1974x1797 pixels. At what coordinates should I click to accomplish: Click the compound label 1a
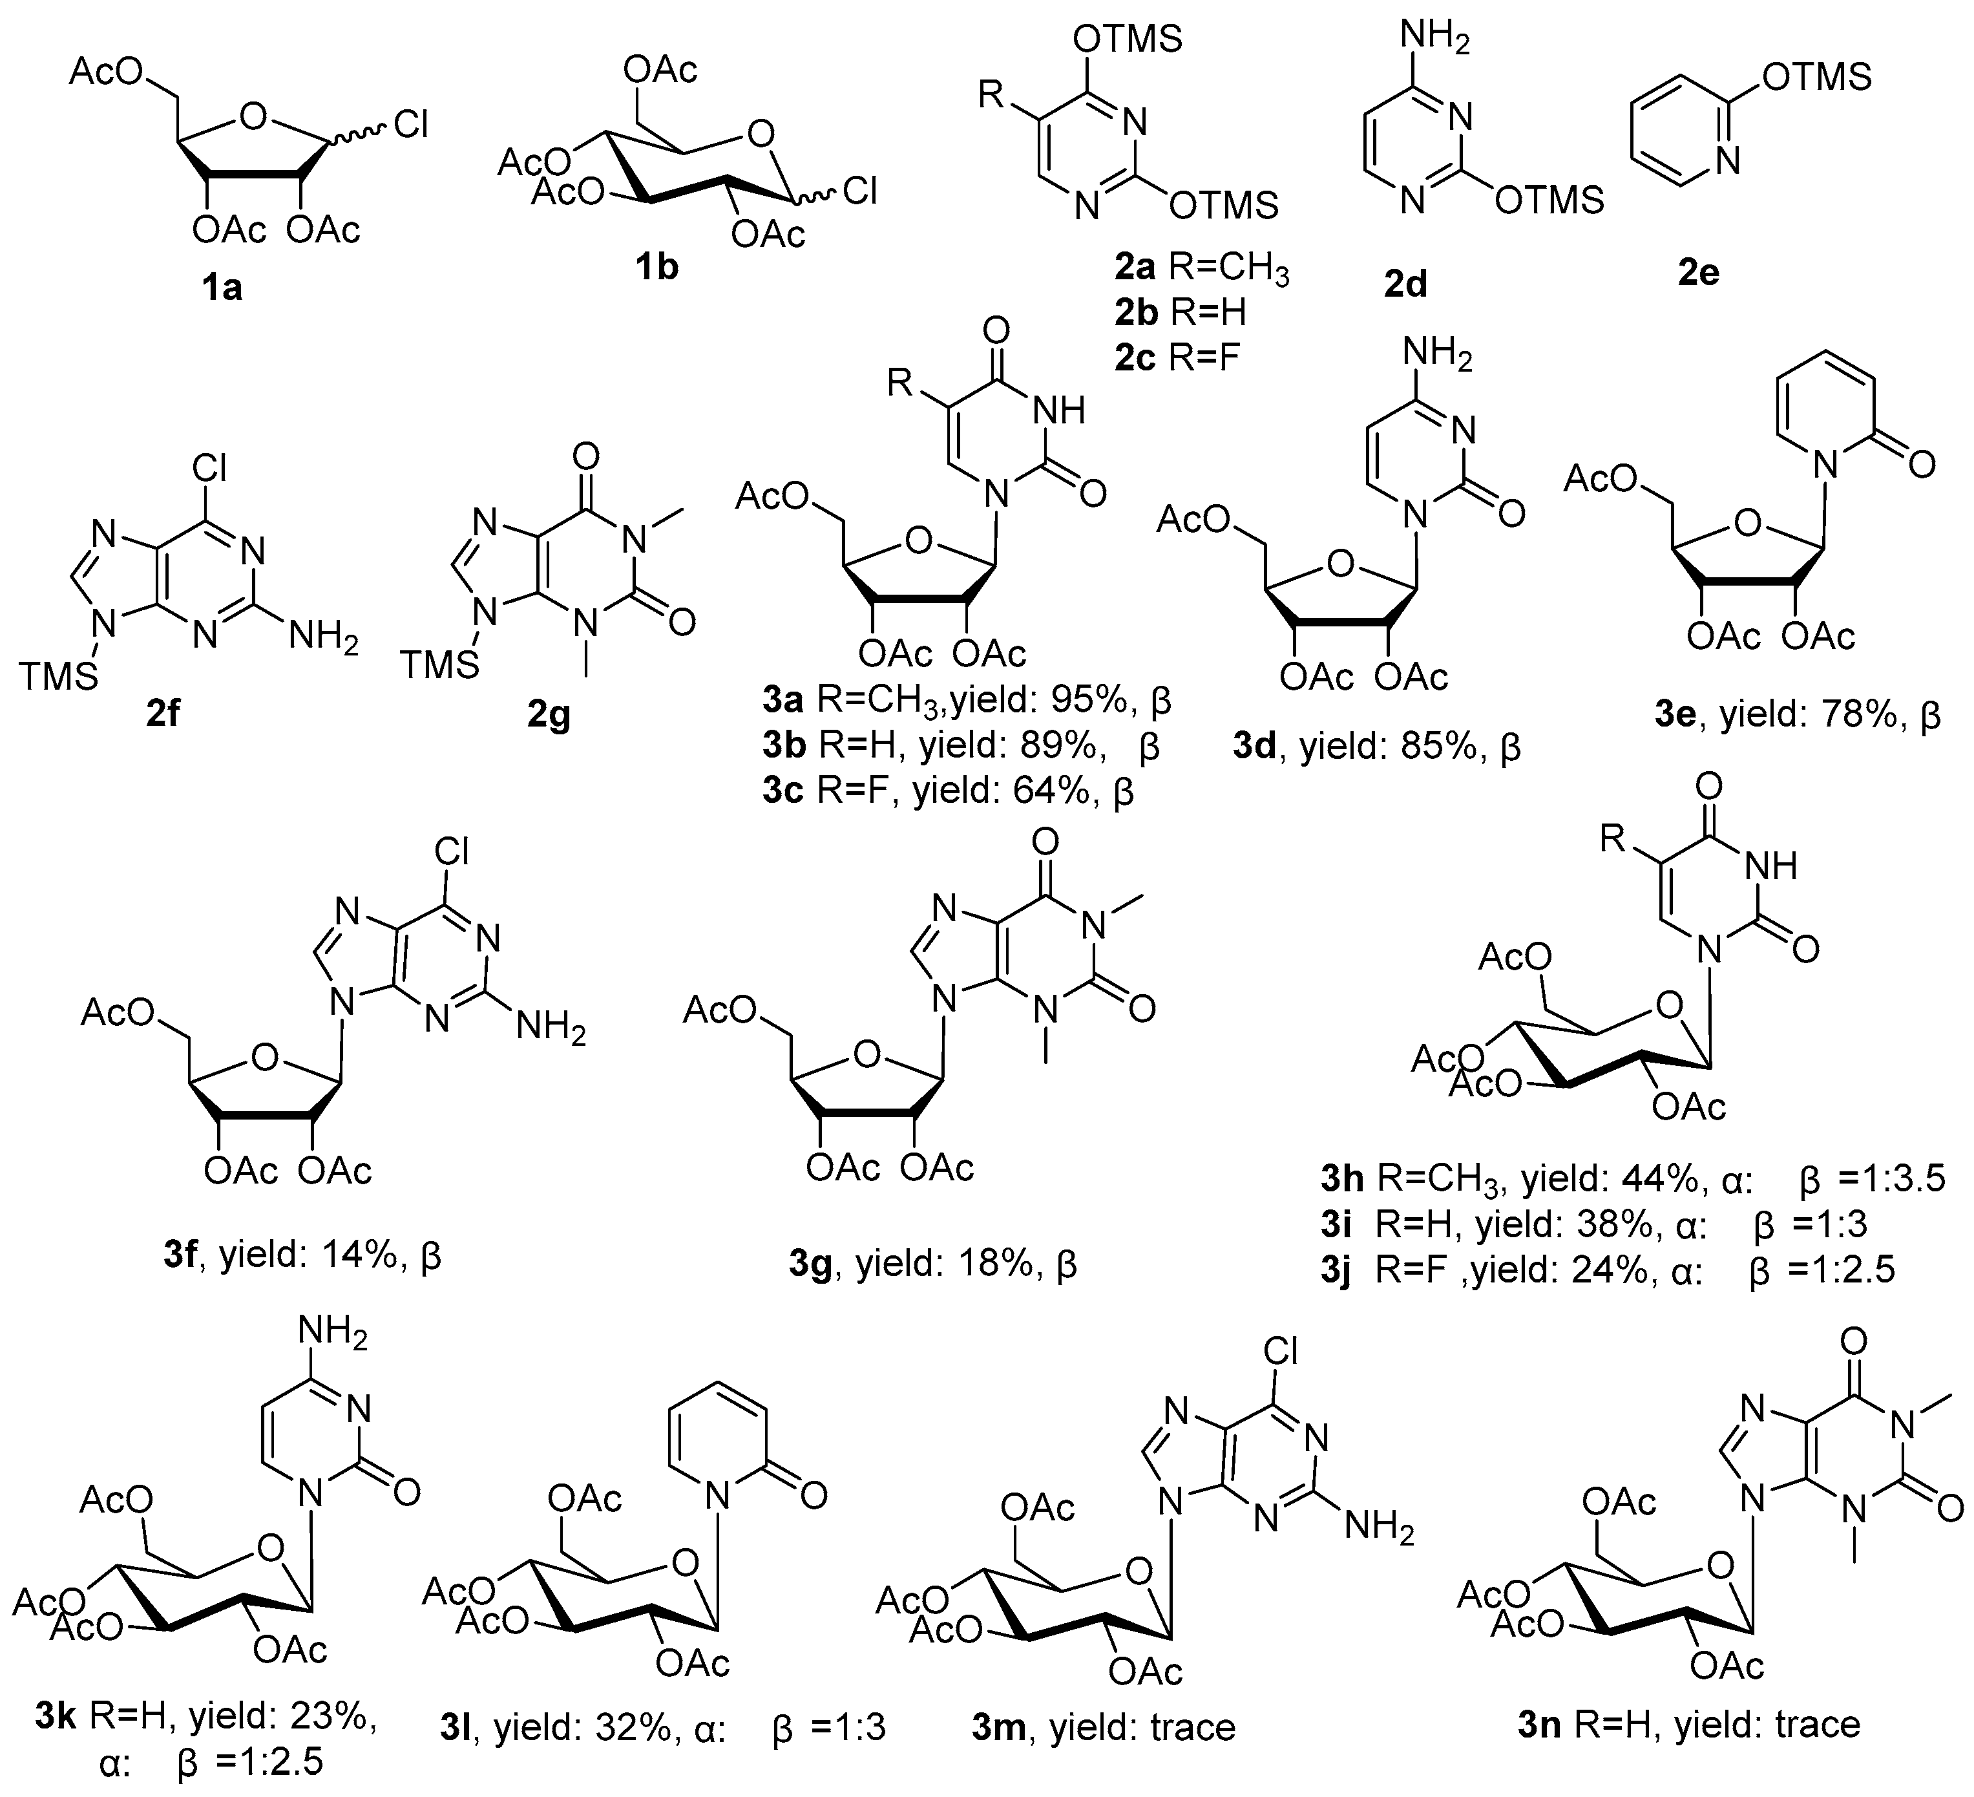tap(221, 288)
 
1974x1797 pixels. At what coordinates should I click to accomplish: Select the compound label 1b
tap(656, 266)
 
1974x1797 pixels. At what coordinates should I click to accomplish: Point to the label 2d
tap(1405, 284)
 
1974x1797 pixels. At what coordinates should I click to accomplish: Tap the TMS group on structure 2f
tap(59, 675)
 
